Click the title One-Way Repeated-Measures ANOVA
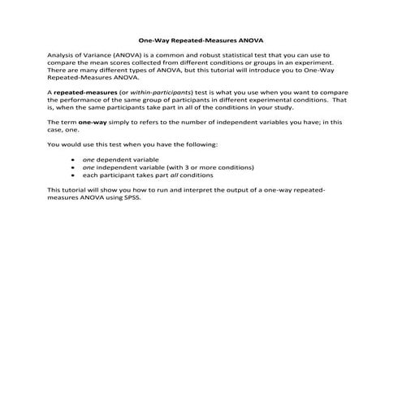201,39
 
